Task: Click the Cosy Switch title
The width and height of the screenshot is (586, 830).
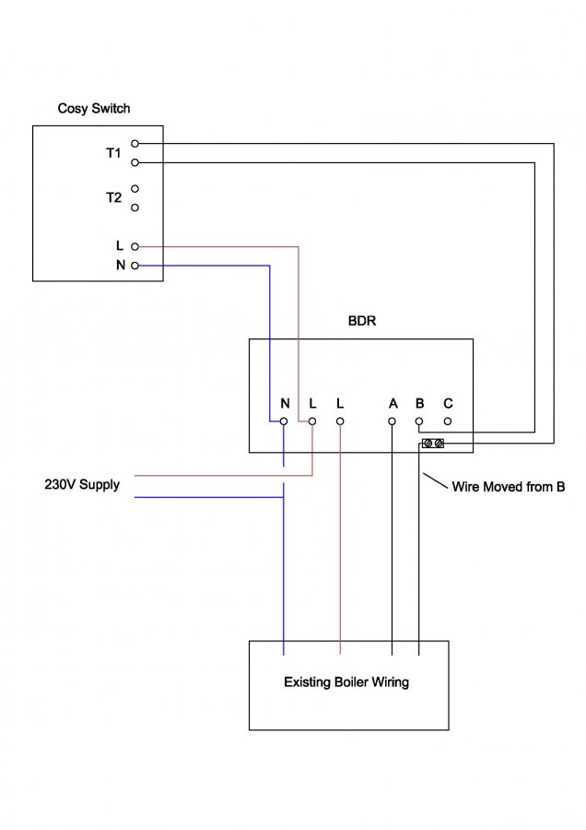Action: pyautogui.click(x=94, y=109)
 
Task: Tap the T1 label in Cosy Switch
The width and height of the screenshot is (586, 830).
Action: pyautogui.click(x=113, y=153)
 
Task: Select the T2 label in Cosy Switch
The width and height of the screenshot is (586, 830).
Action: pyautogui.click(x=113, y=197)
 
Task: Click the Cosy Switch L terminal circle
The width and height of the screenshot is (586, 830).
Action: pyautogui.click(x=135, y=246)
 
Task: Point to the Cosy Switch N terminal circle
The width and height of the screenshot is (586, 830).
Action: pyautogui.click(x=135, y=266)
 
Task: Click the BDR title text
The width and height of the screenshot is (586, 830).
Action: pyautogui.click(x=362, y=323)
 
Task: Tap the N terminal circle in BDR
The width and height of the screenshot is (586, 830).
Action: pyautogui.click(x=284, y=421)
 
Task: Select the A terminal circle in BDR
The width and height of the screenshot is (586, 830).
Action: pyautogui.click(x=393, y=421)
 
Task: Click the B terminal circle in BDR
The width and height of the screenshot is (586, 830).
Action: pyautogui.click(x=419, y=421)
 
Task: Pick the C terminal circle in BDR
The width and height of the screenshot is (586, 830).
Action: pyautogui.click(x=448, y=421)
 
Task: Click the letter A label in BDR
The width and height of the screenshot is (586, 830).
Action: pyautogui.click(x=393, y=404)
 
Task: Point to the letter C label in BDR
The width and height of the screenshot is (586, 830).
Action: pyautogui.click(x=448, y=404)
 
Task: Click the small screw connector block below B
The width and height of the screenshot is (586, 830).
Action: pyautogui.click(x=432, y=445)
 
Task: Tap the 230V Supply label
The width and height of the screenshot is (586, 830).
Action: pyautogui.click(x=82, y=484)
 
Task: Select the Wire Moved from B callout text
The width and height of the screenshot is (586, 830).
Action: pyautogui.click(x=508, y=486)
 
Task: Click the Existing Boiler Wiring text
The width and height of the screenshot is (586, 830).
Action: pyautogui.click(x=346, y=683)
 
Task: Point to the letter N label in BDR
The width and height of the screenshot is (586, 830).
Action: pyautogui.click(x=285, y=404)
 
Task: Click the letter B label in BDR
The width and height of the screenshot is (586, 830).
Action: pyautogui.click(x=420, y=404)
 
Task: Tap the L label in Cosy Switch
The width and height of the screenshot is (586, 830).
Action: pyautogui.click(x=119, y=246)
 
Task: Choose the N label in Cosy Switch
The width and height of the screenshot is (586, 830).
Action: pyautogui.click(x=119, y=266)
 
